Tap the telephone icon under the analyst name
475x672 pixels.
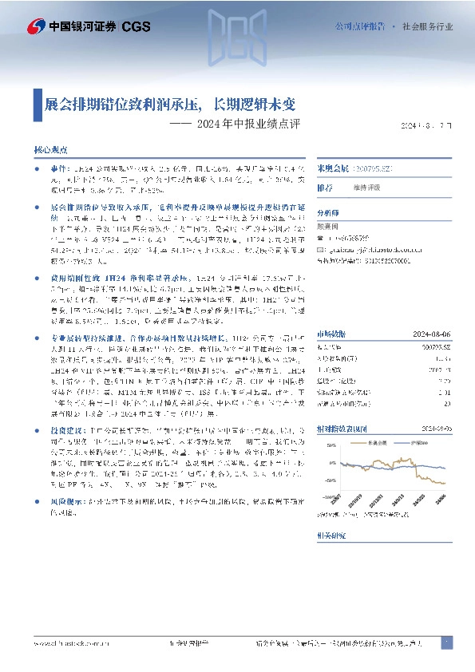[321, 239]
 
